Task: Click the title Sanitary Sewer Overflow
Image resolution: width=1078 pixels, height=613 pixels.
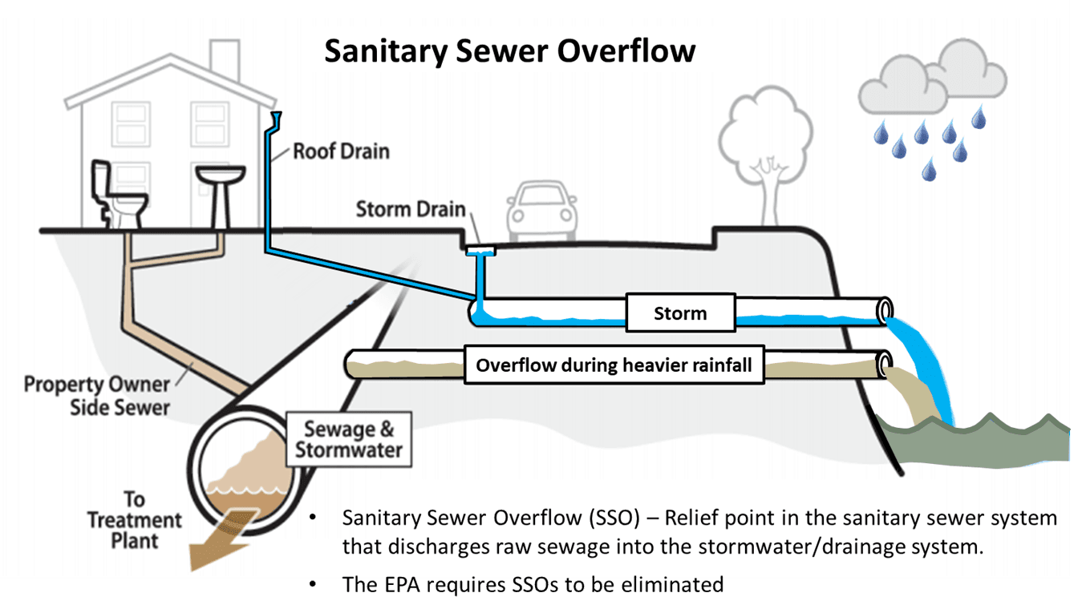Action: [x=509, y=51]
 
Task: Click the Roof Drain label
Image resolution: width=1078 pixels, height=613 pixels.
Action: [x=341, y=151]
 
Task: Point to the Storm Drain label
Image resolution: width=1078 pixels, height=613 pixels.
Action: [x=411, y=210]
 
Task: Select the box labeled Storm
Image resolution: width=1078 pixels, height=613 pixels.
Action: [x=680, y=313]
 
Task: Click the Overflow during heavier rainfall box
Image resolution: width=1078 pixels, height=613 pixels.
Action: [x=614, y=365]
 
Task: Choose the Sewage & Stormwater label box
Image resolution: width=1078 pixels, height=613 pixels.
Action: [x=348, y=438]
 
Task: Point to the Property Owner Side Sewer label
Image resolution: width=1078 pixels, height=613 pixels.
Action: [x=97, y=395]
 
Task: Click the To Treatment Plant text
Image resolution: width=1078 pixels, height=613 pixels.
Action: [x=134, y=519]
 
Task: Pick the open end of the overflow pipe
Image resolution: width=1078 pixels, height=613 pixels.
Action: [x=885, y=365]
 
